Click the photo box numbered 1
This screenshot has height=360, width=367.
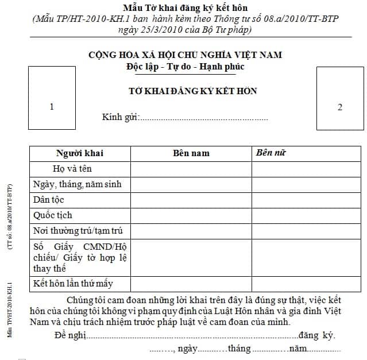click(52, 106)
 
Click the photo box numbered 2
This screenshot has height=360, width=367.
click(340, 106)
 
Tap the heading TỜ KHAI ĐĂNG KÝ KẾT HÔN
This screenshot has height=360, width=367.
click(192, 91)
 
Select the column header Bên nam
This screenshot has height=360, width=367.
click(191, 153)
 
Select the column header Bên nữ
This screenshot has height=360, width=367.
click(272, 153)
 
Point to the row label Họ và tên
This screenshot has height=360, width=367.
click(72, 169)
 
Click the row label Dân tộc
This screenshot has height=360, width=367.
click(49, 200)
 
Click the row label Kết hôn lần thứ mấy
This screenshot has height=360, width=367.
click(73, 284)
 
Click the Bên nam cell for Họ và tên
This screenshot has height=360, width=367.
click(191, 169)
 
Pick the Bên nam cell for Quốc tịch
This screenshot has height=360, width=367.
click(191, 215)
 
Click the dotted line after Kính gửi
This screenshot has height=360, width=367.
click(204, 119)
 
